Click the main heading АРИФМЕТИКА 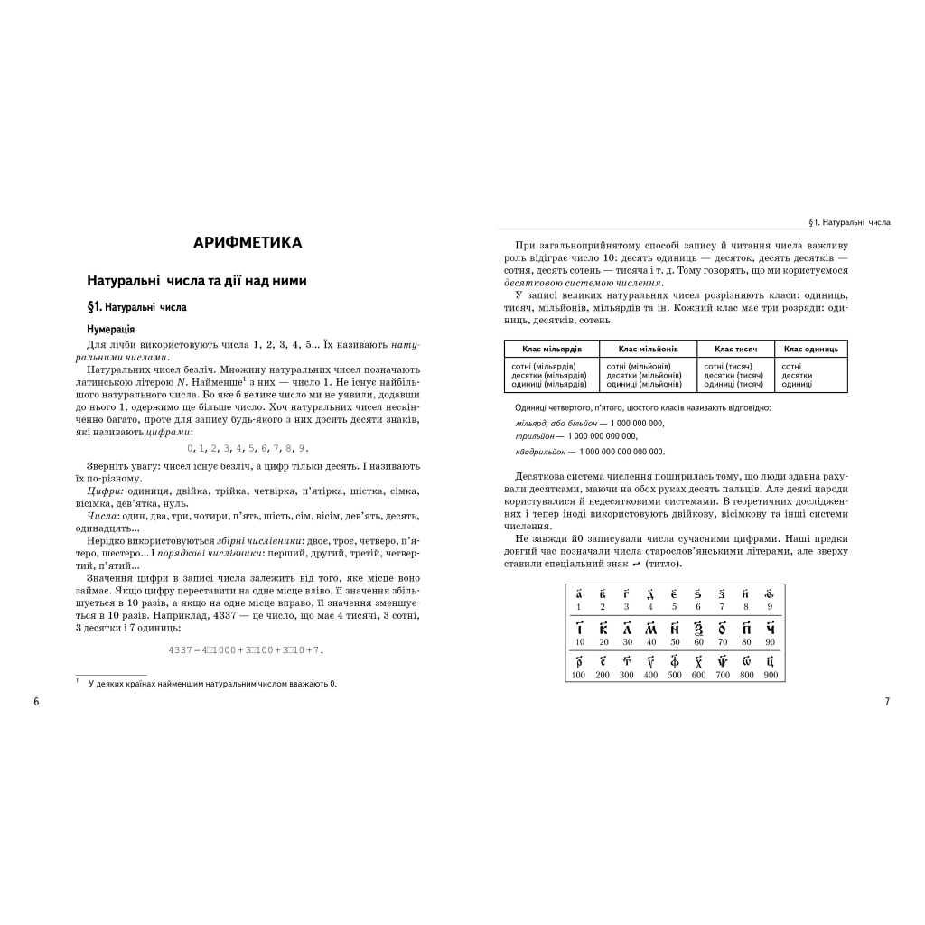(248, 242)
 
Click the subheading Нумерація (111, 330)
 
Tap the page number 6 (36, 702)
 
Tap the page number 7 (888, 702)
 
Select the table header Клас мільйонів (648, 349)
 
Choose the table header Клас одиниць (810, 349)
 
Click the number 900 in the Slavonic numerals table (771, 675)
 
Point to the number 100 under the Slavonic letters (579, 675)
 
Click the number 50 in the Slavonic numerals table (674, 641)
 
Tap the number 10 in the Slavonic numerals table (579, 641)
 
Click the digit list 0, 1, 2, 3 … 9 (248, 447)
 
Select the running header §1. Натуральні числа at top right (849, 221)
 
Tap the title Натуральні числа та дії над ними (196, 281)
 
